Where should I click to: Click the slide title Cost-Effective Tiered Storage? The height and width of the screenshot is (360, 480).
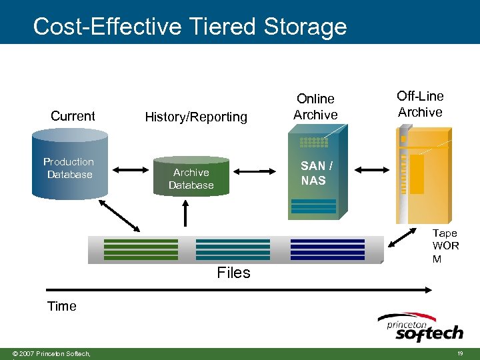point(190,27)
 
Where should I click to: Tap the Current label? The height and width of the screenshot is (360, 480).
point(73,116)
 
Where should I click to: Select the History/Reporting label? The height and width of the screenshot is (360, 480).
point(196,117)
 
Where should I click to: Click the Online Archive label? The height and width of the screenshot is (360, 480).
point(315,107)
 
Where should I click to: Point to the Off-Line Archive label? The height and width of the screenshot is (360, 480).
point(420,104)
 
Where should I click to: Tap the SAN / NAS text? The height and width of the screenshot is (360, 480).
point(313,173)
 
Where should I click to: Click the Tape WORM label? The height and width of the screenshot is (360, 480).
point(445,245)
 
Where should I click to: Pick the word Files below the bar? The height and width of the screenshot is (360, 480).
point(233,273)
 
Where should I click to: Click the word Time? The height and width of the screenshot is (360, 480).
point(61,306)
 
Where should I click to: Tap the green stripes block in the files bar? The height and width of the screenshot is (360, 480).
point(141,249)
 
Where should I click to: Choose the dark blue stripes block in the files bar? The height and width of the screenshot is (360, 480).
point(327,249)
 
